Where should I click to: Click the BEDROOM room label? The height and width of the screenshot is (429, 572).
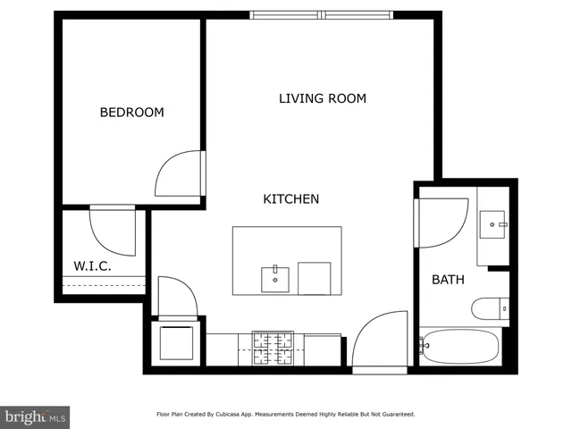(x=131, y=112)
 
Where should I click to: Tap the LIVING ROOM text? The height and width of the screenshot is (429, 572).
(x=322, y=98)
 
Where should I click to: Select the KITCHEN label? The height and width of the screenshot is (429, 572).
(x=290, y=198)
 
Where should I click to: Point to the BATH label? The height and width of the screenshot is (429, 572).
(x=448, y=280)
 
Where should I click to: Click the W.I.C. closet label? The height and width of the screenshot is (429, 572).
(x=91, y=265)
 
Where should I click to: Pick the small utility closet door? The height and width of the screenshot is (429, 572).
(x=176, y=298)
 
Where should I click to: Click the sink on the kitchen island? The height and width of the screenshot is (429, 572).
(x=275, y=279)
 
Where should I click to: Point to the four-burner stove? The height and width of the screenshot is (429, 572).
(x=273, y=349)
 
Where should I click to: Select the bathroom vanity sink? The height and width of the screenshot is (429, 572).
(x=492, y=223)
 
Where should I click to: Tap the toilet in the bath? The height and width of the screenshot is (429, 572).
(x=490, y=309)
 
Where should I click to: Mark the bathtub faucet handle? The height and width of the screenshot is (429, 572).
(x=423, y=346)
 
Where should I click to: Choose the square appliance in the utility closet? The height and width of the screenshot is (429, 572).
(x=176, y=342)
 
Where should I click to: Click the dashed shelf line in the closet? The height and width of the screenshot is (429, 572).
(x=103, y=284)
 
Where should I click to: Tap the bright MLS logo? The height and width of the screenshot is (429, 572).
(x=35, y=416)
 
